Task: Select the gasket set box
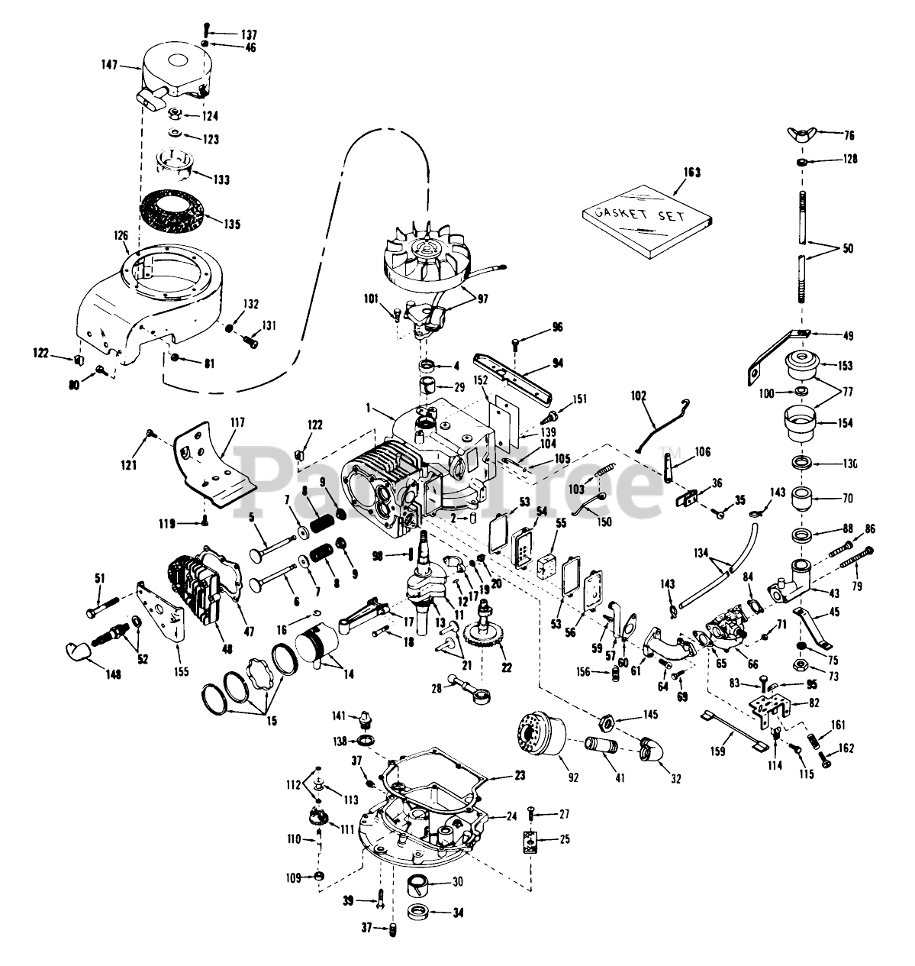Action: pos(646,221)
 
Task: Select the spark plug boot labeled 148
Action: pos(80,650)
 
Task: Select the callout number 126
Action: pos(122,236)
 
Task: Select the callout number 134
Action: pos(701,552)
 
